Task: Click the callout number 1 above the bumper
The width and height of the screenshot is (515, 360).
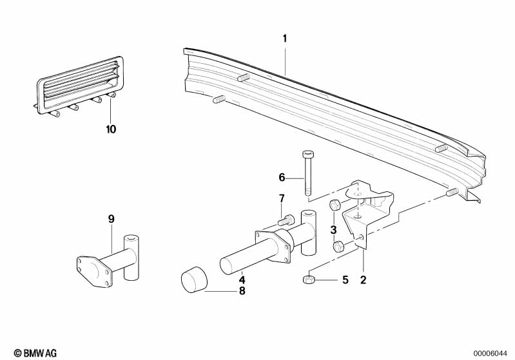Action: click(x=285, y=39)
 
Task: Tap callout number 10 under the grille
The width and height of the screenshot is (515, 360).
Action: click(x=111, y=129)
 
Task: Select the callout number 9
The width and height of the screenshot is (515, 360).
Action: click(x=112, y=219)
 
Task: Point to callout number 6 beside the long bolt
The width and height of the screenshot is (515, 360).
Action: click(x=282, y=178)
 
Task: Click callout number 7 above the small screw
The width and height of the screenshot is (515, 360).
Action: click(x=282, y=198)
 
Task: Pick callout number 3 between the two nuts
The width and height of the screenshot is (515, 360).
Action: click(x=334, y=230)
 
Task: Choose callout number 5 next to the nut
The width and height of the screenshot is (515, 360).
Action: click(x=345, y=280)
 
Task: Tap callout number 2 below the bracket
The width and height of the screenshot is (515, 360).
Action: click(x=363, y=280)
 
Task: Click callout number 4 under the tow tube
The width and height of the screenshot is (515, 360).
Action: click(x=242, y=280)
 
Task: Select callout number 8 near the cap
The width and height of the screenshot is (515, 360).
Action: click(x=242, y=290)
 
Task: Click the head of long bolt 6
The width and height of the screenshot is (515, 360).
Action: click(x=308, y=154)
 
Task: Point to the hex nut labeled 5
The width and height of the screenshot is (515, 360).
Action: click(x=308, y=280)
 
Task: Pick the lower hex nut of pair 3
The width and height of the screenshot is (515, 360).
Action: click(x=338, y=247)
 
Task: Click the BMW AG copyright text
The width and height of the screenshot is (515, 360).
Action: click(x=35, y=353)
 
